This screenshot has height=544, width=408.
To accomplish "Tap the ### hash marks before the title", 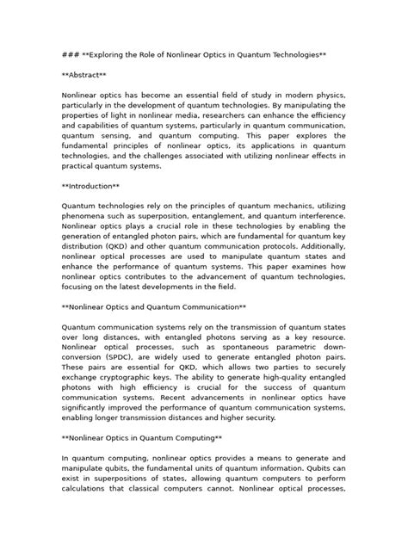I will click(70, 53).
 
